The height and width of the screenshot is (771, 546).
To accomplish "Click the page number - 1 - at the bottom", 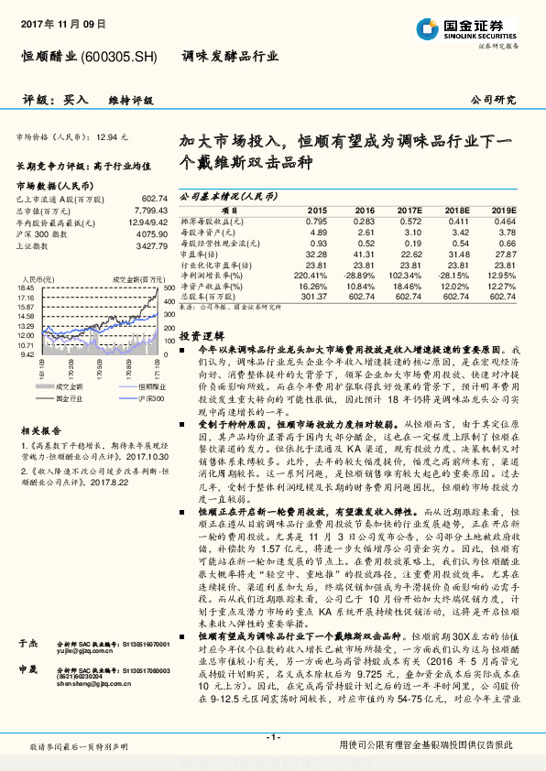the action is [273, 736].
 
